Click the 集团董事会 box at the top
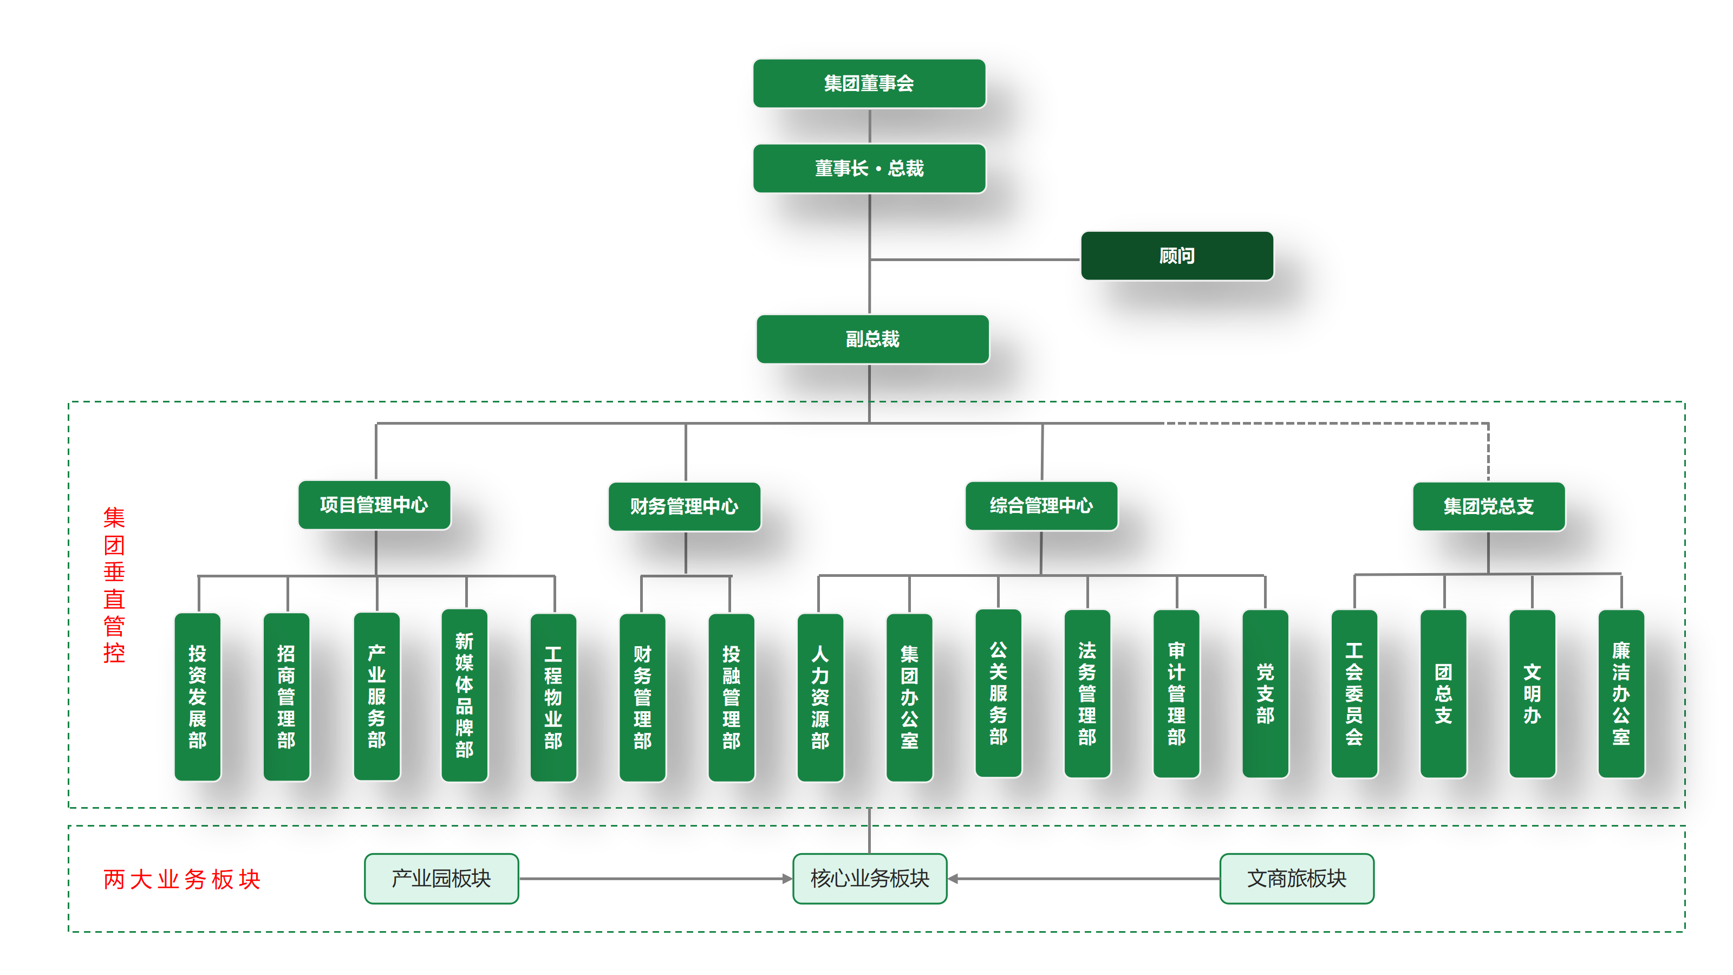click(x=869, y=83)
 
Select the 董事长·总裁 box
click(x=869, y=168)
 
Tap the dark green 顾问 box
click(x=1177, y=256)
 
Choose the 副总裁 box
click(x=872, y=339)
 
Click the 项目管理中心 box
click(x=374, y=505)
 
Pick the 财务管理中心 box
click(x=684, y=506)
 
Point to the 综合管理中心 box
click(x=1041, y=505)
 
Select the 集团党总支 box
click(x=1488, y=506)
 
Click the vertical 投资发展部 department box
click(x=197, y=697)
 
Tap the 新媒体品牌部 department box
click(x=464, y=695)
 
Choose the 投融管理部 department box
click(x=731, y=697)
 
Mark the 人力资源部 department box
click(x=820, y=697)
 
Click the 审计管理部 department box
click(x=1176, y=694)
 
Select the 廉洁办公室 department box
click(x=1621, y=694)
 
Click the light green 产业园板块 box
click(x=441, y=878)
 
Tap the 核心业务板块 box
click(x=869, y=878)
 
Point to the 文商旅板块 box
click(x=1297, y=878)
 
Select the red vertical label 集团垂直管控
click(x=114, y=585)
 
